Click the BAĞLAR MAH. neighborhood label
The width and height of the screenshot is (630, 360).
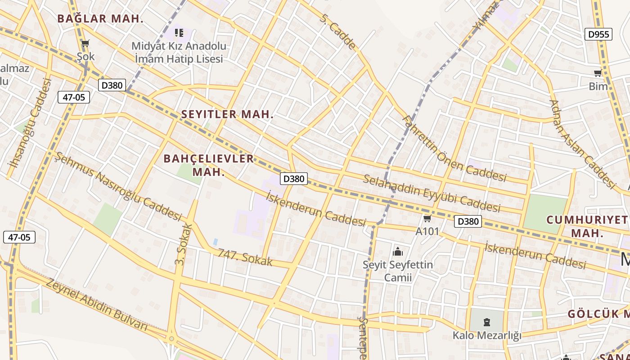[x=100, y=19]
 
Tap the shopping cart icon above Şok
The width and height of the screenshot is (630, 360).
[x=85, y=44]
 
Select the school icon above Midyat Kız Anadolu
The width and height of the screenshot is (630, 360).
[x=179, y=32]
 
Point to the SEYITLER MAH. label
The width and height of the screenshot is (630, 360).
[x=227, y=114]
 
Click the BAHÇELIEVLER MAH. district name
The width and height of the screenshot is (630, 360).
[x=209, y=165]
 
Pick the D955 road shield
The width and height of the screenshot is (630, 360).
[x=598, y=34]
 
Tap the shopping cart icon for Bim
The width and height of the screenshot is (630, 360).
[x=598, y=73]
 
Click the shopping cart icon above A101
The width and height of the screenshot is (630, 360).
[x=427, y=219]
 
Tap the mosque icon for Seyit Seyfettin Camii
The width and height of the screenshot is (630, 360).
[x=397, y=251]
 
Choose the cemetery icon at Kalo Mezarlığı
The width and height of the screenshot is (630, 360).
[x=486, y=322]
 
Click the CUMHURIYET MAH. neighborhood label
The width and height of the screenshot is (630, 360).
[x=587, y=226]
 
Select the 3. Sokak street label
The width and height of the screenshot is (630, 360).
[x=183, y=244]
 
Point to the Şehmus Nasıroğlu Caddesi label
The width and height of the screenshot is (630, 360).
[x=118, y=186]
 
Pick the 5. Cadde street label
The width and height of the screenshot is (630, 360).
[x=338, y=31]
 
